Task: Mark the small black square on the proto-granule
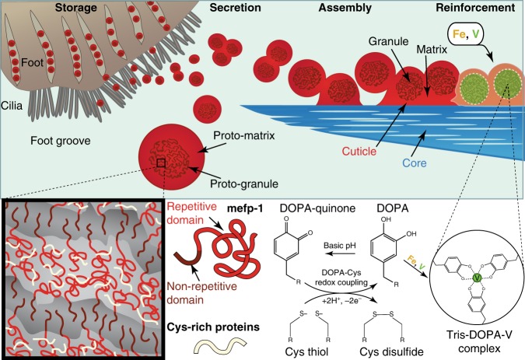point(161,163)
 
